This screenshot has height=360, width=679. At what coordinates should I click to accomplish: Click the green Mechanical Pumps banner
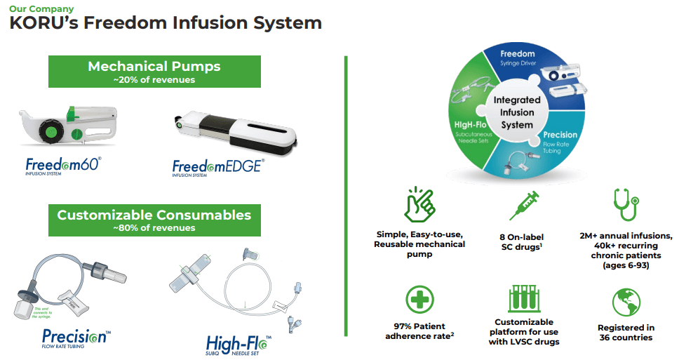click(154, 71)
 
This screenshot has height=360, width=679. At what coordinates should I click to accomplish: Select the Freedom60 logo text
click(64, 166)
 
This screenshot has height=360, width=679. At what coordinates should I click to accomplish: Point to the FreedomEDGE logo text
click(218, 167)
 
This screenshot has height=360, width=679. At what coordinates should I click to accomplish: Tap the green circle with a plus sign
click(419, 300)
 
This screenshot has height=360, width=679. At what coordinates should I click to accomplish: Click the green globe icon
click(626, 301)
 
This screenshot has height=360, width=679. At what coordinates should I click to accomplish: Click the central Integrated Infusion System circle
click(517, 113)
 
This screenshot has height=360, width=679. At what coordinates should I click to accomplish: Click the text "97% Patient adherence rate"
click(419, 331)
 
